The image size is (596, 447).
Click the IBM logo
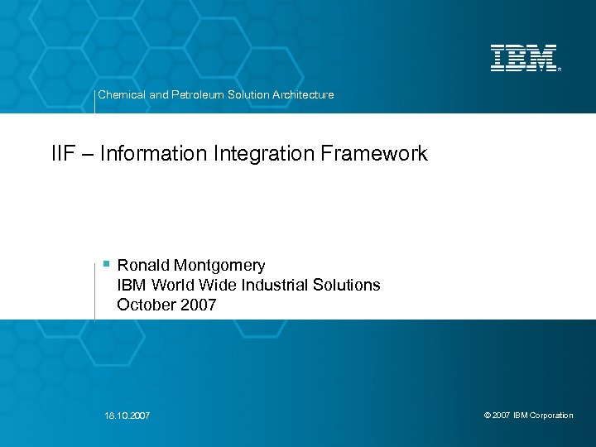(524, 58)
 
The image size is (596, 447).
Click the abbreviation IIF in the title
(63, 153)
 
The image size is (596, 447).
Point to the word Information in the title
(144, 153)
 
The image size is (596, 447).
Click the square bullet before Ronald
(106, 264)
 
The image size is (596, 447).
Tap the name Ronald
(144, 266)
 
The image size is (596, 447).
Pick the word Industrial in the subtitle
(276, 286)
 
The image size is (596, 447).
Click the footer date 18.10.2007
(128, 416)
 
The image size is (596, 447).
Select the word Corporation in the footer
(551, 416)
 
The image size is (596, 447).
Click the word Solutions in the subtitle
(347, 286)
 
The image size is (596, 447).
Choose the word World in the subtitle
(175, 286)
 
